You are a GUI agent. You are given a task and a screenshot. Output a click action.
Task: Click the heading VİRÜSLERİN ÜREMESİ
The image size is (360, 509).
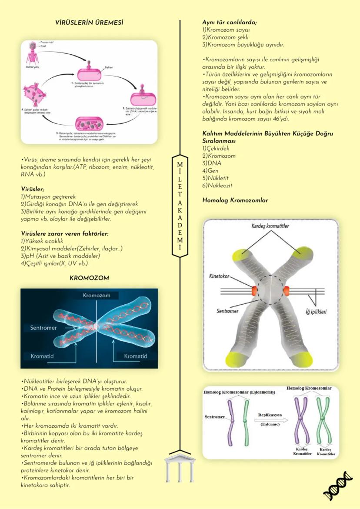pos(89,22)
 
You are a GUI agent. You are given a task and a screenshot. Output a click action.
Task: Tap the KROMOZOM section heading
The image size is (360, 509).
pos(89,278)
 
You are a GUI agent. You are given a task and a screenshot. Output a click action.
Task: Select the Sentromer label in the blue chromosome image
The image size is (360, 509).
pos(43,327)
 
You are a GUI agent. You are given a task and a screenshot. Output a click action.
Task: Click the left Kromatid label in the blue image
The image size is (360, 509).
pos(42,356)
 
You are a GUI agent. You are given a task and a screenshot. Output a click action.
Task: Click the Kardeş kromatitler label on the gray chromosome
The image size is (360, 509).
pos(270,226)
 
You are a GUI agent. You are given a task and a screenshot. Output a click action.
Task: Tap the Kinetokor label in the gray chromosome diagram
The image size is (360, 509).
pos(220,276)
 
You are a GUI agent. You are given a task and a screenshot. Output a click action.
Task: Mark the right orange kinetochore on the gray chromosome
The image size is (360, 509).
pos(287,289)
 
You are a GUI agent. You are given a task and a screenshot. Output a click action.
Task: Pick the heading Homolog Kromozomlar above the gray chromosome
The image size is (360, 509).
pos(235,200)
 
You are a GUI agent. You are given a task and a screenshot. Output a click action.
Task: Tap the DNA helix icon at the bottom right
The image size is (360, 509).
pos(338,486)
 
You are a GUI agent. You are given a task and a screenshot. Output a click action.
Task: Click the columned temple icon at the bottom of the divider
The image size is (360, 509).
pos(180,467)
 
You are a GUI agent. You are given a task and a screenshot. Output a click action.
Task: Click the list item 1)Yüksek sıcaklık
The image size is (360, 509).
pos(43,241)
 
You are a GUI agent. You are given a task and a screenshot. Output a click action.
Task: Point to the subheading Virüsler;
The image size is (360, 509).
pos(33,189)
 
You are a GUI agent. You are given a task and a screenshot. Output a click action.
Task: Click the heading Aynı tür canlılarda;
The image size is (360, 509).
pos(230,22)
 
